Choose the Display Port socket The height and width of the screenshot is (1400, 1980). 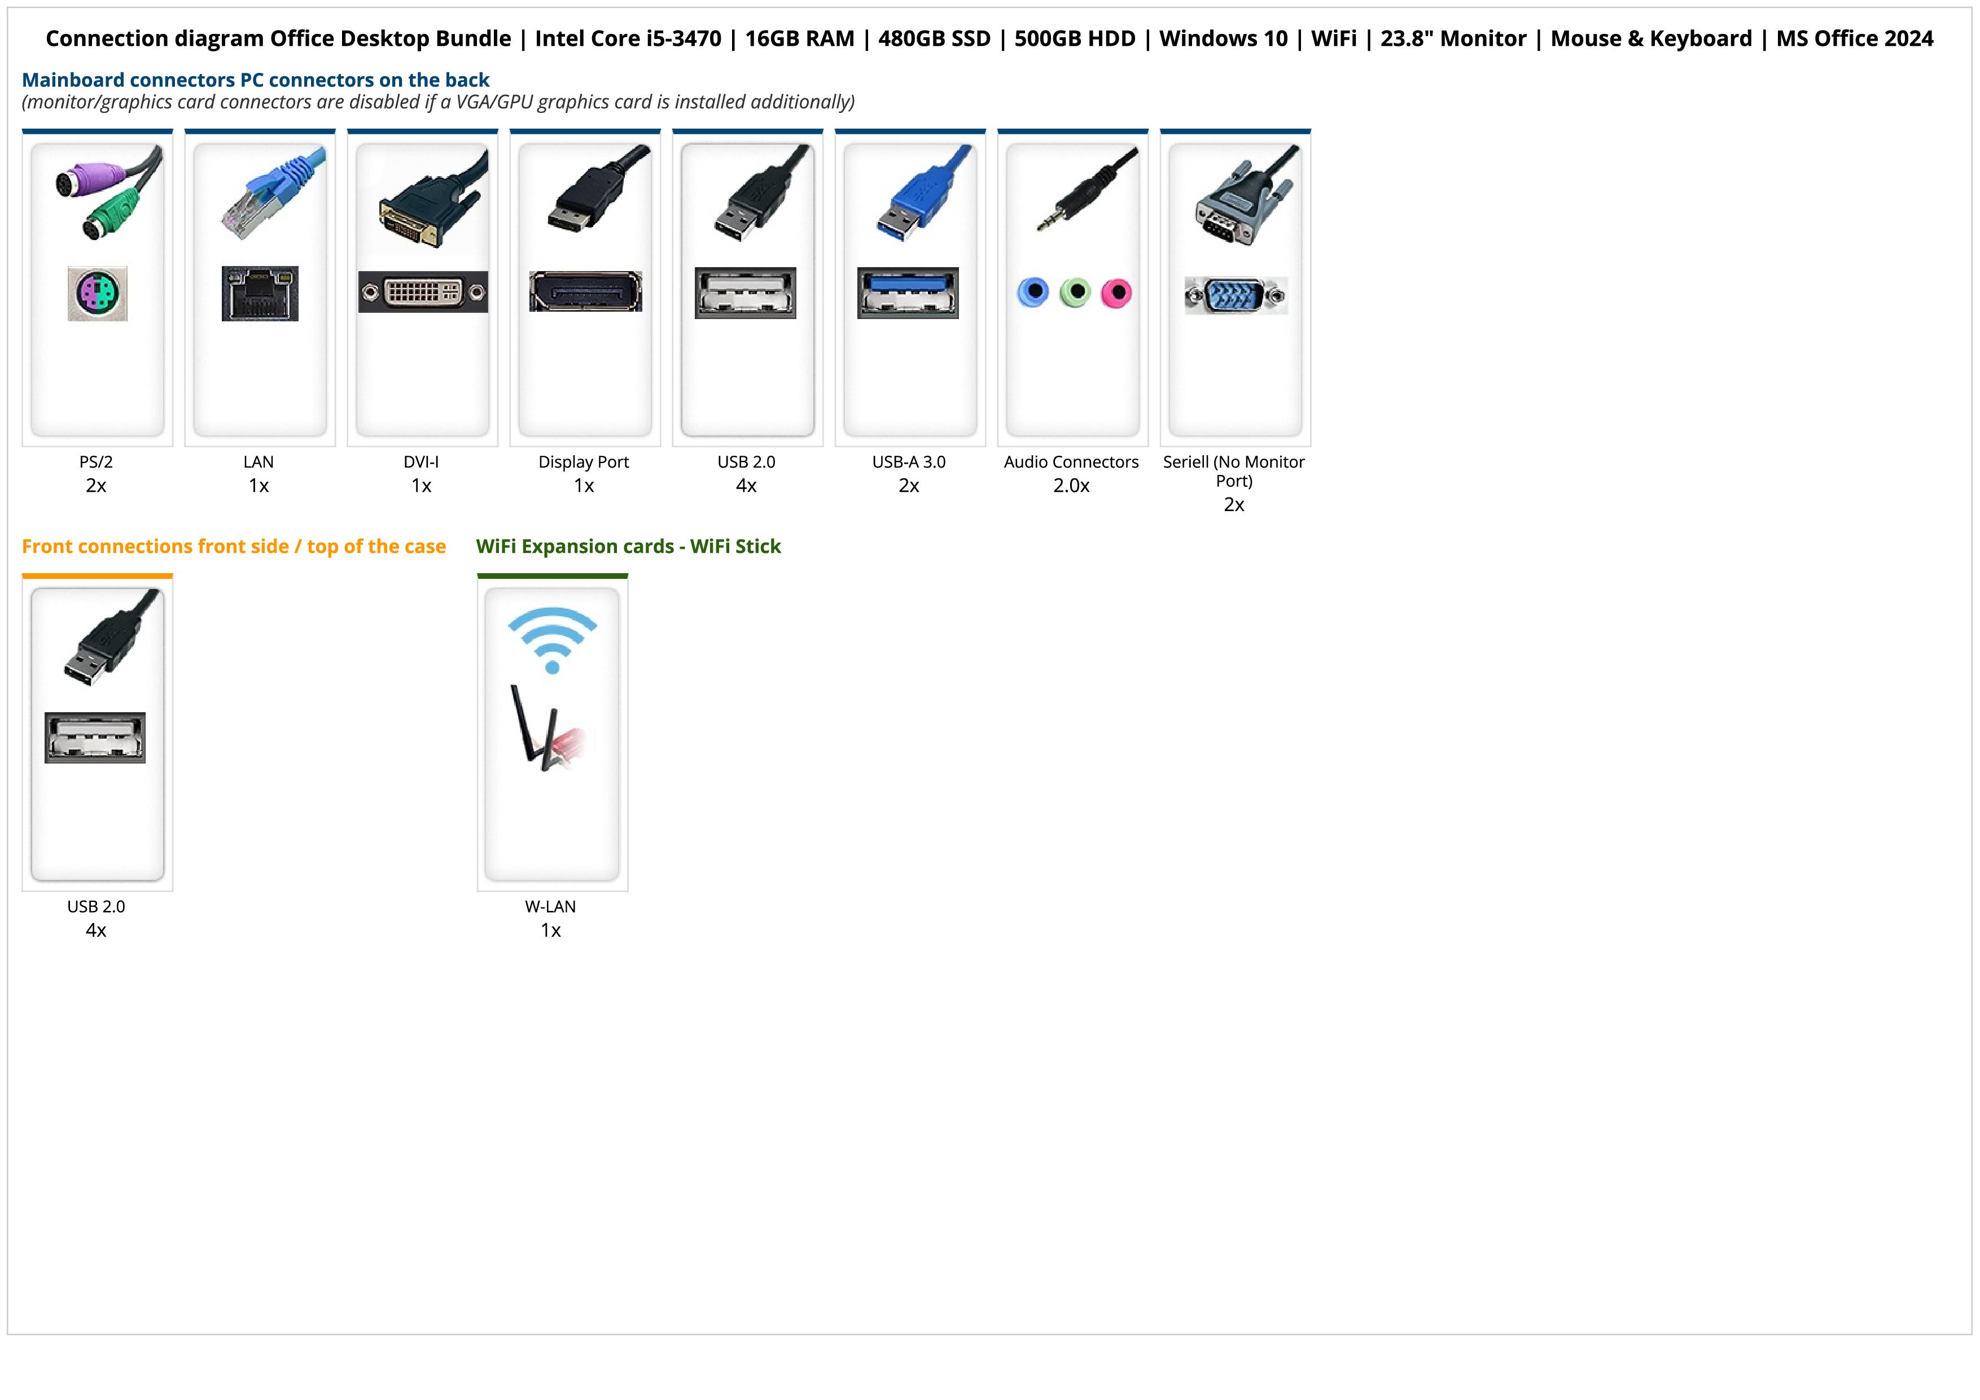(x=585, y=291)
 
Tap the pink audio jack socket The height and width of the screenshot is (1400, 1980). (x=1116, y=293)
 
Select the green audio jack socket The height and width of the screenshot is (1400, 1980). (x=1075, y=293)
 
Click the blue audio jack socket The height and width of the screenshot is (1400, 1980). (x=1033, y=293)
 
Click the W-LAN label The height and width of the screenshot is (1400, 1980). (x=550, y=906)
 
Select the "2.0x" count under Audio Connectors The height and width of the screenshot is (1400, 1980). (x=1071, y=486)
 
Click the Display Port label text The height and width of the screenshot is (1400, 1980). (x=584, y=463)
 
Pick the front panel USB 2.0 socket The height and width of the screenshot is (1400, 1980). (x=95, y=738)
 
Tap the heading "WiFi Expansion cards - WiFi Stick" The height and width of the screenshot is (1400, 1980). (x=628, y=547)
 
